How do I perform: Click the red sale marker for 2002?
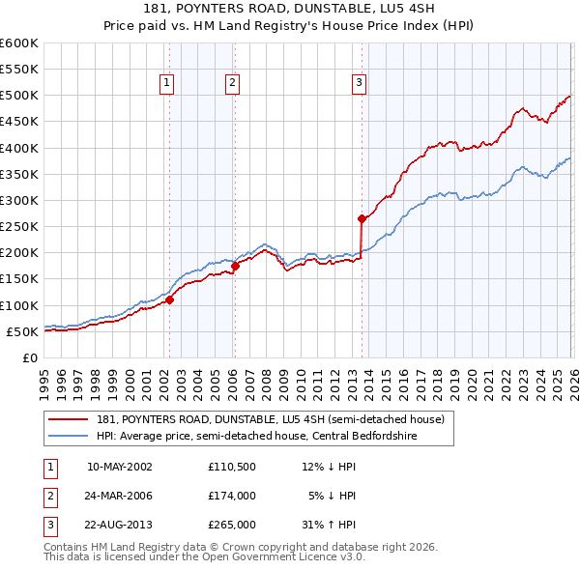(x=169, y=299)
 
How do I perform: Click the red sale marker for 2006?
(x=235, y=266)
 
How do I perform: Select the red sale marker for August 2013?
(x=362, y=218)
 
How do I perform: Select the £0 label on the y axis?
(x=29, y=358)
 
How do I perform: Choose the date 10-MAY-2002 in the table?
(x=120, y=467)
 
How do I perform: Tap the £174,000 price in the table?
(x=232, y=496)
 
